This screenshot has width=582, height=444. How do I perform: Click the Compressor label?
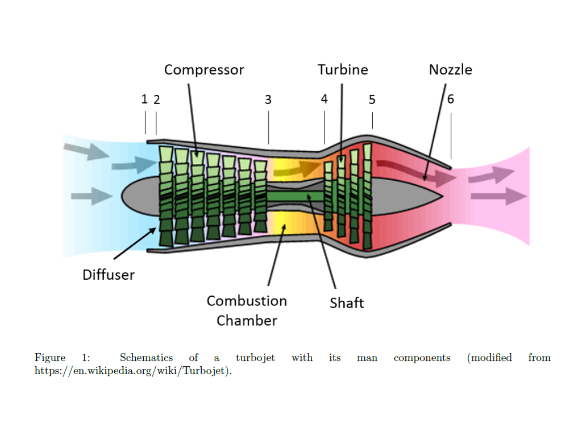tap(204, 70)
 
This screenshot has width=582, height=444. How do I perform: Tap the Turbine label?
tap(343, 70)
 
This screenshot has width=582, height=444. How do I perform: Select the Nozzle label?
tap(450, 70)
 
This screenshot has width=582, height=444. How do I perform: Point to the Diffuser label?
tap(109, 275)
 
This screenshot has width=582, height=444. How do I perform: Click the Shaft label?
tap(347, 303)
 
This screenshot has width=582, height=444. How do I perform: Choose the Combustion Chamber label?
tap(247, 310)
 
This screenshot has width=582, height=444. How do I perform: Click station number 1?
tap(144, 99)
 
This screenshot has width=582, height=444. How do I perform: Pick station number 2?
tap(157, 100)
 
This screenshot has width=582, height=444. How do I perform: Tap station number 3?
tap(268, 100)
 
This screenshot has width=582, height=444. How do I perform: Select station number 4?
tap(324, 99)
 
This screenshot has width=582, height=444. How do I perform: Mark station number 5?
tap(372, 100)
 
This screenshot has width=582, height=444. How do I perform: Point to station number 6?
tap(451, 99)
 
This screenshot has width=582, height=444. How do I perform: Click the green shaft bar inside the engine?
tap(296, 196)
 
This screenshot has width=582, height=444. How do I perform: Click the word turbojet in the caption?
tap(255, 358)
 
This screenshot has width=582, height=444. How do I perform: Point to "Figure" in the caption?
tap(50, 358)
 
